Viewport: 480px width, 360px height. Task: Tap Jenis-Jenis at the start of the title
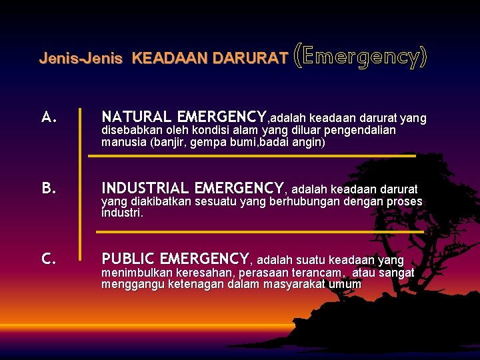(x=81, y=58)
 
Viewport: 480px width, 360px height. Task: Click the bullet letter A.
(x=49, y=118)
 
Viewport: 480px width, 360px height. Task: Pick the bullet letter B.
(x=49, y=189)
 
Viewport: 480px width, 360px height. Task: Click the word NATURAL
(x=136, y=117)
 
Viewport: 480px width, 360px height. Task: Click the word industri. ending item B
(x=122, y=213)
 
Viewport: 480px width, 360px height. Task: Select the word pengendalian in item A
(x=362, y=130)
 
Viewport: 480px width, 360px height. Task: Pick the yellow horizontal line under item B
(x=260, y=231)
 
